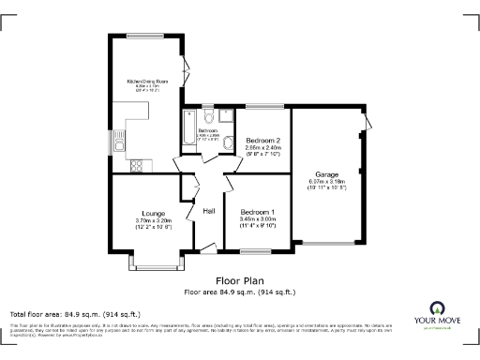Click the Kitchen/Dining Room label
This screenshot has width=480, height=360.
[x=149, y=81]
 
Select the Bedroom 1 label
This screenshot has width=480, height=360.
[x=258, y=211]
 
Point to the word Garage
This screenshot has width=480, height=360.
[x=326, y=174]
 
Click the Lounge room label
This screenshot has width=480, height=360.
[x=154, y=212]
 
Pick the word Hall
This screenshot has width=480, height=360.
[x=210, y=211]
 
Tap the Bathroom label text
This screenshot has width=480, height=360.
[x=207, y=130]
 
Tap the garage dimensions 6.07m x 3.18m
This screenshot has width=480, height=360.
[x=326, y=184]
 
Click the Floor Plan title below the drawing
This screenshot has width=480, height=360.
[x=240, y=280]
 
